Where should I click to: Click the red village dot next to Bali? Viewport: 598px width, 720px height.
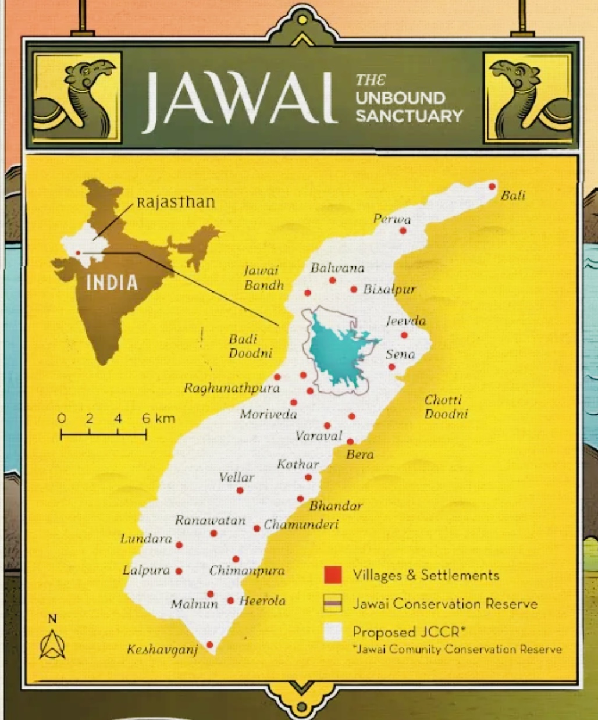492,186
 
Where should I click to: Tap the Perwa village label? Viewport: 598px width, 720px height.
391,219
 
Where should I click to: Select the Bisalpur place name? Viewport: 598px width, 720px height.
389,289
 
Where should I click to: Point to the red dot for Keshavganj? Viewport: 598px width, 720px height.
209,645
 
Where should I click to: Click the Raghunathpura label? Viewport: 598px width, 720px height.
232,388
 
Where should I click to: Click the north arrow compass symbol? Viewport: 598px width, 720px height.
52,643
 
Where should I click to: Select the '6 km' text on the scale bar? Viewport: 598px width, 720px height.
158,418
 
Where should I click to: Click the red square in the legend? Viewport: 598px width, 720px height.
333,575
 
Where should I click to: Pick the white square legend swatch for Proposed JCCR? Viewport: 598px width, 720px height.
333,632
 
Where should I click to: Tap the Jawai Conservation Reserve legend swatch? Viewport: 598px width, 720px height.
333,604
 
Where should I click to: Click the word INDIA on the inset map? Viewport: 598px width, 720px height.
112,283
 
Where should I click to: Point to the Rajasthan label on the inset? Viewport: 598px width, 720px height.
176,202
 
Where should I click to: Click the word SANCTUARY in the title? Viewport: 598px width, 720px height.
409,116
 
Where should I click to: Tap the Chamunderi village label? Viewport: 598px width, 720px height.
301,525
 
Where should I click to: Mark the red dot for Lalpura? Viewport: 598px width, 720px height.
179,571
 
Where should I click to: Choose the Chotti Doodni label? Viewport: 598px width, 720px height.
446,407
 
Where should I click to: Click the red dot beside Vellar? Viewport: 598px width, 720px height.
240,490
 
